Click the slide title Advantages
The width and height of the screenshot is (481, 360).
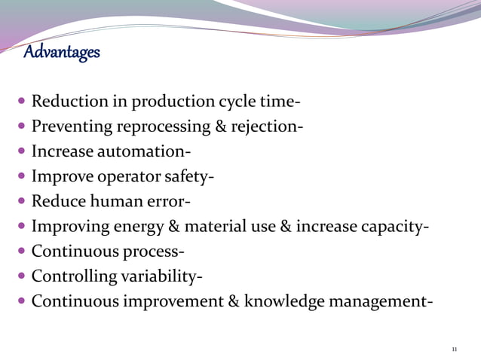tap(61, 53)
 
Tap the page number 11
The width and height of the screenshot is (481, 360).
tap(454, 349)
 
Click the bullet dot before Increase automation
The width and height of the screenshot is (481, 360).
tap(21, 151)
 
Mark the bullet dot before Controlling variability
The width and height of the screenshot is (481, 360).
tap(21, 276)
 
